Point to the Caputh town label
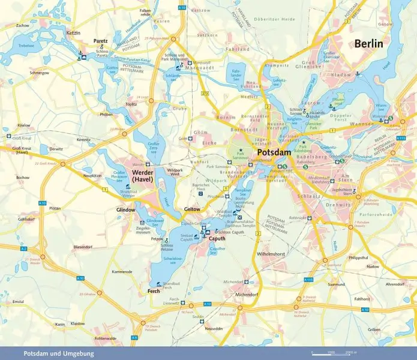point(217,238)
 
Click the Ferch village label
point(154,291)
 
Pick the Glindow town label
point(126,210)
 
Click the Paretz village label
point(100,41)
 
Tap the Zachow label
point(23,26)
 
